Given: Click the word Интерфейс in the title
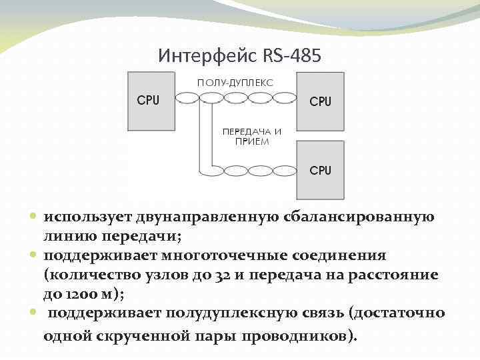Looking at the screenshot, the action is (x=199, y=56).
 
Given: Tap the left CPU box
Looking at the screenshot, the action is (x=149, y=101).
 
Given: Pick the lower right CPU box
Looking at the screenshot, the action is (x=321, y=171).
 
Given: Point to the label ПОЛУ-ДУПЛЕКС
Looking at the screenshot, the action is (x=234, y=83).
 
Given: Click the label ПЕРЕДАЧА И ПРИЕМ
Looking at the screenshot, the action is (x=251, y=137).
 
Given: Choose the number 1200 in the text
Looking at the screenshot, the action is (x=79, y=294).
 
